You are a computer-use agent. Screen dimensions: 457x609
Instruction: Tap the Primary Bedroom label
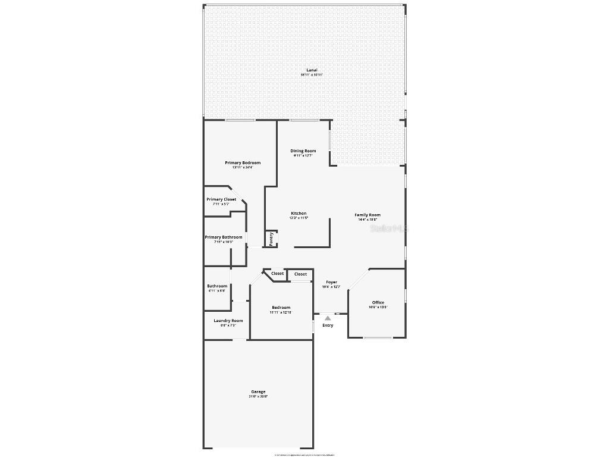(243, 162)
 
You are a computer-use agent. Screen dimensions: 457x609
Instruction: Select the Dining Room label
(303, 151)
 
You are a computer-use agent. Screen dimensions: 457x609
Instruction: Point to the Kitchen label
(299, 213)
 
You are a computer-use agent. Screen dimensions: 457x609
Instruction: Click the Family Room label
(368, 215)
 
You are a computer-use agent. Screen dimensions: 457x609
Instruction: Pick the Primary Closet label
(221, 199)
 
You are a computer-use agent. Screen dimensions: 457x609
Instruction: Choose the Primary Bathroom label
(224, 237)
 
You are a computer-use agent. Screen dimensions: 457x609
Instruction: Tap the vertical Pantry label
(271, 239)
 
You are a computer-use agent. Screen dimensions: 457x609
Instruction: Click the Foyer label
(331, 282)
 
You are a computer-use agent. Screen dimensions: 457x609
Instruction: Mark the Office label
(378, 302)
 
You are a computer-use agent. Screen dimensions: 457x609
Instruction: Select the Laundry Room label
(228, 321)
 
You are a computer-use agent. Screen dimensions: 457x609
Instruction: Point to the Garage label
(258, 392)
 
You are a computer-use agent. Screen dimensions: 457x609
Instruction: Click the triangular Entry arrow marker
(328, 318)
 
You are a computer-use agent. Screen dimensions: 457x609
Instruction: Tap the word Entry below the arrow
(328, 325)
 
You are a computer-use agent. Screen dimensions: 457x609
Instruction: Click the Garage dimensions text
(258, 396)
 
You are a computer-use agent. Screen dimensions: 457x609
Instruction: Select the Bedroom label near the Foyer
(281, 308)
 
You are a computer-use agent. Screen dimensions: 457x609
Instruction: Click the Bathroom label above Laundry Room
(217, 286)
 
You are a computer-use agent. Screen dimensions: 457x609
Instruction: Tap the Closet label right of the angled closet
(301, 274)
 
